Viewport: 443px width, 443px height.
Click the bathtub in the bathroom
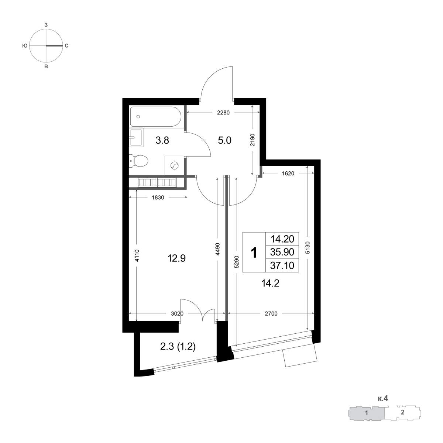click(155, 116)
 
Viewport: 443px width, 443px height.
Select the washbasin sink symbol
click(136, 137)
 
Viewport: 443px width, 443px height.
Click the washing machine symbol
click(174, 165)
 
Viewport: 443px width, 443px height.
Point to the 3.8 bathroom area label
click(162, 140)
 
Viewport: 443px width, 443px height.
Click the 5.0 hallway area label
click(224, 140)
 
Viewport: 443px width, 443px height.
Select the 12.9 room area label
click(176, 258)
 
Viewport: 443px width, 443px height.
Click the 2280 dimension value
click(223, 113)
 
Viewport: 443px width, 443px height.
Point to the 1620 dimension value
click(288, 174)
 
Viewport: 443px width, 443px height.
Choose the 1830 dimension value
click(158, 198)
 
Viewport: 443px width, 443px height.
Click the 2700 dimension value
click(271, 313)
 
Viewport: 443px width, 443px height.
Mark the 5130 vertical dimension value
click(308, 248)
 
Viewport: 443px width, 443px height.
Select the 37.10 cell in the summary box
click(282, 265)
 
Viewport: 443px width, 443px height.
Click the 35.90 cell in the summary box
click(282, 252)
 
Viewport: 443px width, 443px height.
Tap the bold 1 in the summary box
click(254, 253)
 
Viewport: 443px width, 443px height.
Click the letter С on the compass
click(66, 46)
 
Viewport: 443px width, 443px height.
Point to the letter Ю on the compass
click(25, 46)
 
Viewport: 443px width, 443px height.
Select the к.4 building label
click(383, 398)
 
